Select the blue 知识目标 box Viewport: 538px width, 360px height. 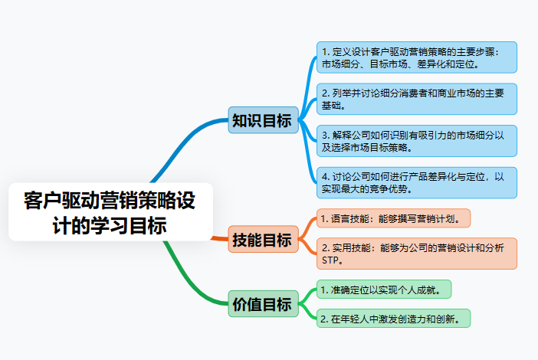[x=261, y=120]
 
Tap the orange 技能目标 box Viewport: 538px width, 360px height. [x=261, y=241]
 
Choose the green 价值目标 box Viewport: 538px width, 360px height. [x=261, y=304]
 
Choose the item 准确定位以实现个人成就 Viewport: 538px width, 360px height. [x=384, y=290]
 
